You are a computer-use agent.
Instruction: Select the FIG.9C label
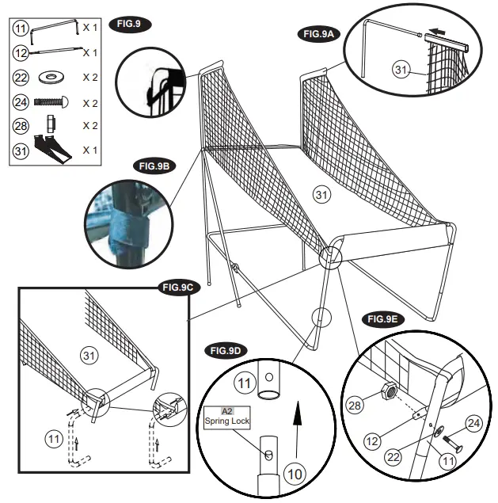click(179, 287)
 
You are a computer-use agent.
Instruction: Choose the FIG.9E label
click(383, 319)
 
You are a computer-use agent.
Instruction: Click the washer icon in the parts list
click(52, 77)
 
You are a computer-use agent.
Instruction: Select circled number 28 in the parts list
click(21, 125)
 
